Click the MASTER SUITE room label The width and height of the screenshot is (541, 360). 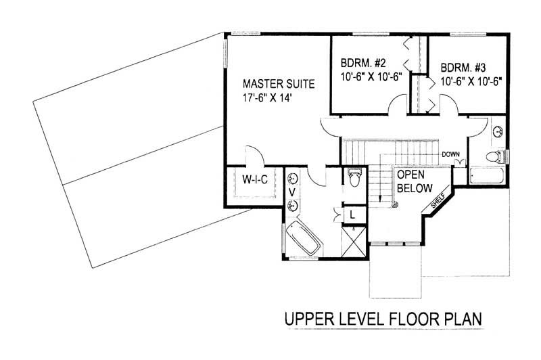(x=278, y=85)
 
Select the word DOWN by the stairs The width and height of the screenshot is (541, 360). (x=451, y=154)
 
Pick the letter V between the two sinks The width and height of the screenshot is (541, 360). (x=293, y=192)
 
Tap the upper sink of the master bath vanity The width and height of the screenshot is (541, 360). (x=293, y=179)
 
